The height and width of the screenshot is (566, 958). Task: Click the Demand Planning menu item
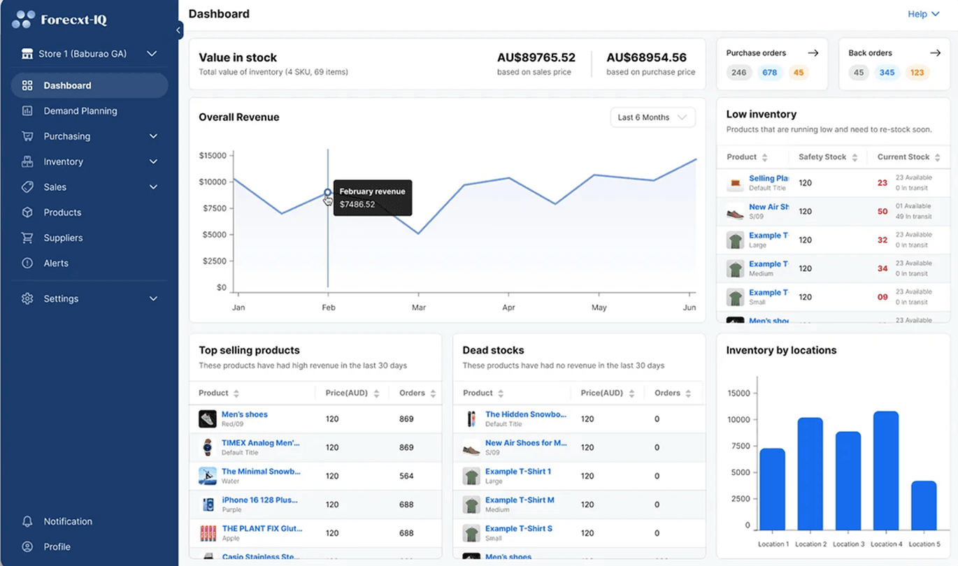pos(80,111)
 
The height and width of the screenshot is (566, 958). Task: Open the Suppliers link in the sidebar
pos(63,238)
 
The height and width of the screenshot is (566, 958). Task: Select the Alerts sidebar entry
pos(56,263)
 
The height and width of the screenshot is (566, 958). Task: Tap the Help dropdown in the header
pos(922,14)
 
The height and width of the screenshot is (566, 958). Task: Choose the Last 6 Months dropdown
pos(652,117)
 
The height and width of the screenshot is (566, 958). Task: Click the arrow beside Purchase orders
pos(813,53)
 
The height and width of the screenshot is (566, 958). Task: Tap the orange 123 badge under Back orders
pos(917,73)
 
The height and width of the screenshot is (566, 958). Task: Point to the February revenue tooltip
pos(372,198)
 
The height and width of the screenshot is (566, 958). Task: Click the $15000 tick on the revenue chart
pos(213,155)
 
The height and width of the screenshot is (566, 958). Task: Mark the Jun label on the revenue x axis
pos(689,307)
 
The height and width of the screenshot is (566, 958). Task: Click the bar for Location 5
pos(923,505)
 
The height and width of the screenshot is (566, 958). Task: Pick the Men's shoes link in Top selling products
pos(244,414)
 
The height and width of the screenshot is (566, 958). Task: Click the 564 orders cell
pos(406,476)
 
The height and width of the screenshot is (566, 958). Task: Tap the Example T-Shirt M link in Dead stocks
pos(520,500)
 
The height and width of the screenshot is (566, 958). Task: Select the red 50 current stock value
pos(882,211)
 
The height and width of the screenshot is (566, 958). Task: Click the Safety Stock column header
pos(822,157)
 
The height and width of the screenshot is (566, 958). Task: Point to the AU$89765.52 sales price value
pos(536,58)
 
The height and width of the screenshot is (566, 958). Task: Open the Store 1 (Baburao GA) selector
pos(89,54)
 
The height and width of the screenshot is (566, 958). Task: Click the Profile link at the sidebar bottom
pos(57,547)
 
